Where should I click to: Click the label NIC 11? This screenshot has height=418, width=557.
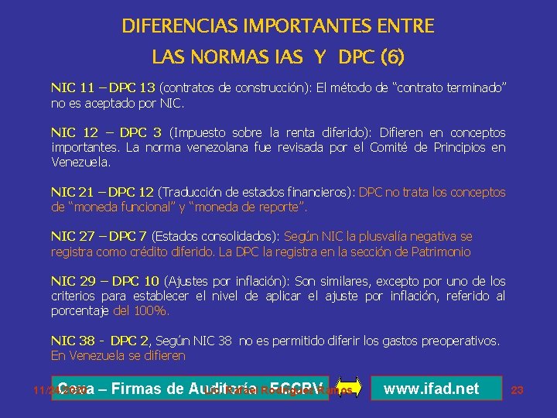click(x=72, y=89)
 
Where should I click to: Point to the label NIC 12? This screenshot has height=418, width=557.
click(x=73, y=133)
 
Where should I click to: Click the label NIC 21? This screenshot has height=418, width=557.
click(x=72, y=192)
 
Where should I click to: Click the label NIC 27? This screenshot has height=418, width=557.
click(x=72, y=237)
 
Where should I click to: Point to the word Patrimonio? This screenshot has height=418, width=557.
click(x=440, y=252)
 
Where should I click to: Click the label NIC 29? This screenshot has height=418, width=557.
click(x=72, y=281)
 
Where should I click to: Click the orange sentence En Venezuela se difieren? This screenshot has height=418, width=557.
click(x=118, y=355)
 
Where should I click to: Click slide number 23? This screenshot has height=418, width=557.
click(x=518, y=390)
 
